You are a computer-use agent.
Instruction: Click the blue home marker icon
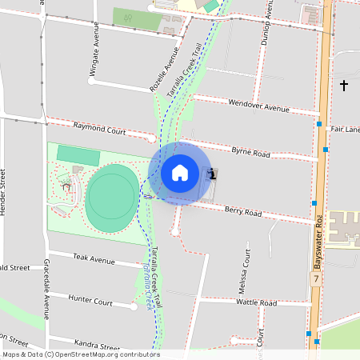(179, 173)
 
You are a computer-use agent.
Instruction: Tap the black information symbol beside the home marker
(211, 173)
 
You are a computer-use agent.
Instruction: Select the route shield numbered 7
(317, 279)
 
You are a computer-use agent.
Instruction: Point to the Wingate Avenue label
(93, 59)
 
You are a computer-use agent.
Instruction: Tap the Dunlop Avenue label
(270, 20)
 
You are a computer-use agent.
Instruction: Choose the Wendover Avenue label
(258, 106)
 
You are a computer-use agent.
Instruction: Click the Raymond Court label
(100, 128)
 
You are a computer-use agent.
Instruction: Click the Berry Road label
(243, 212)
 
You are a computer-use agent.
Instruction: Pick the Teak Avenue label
(94, 259)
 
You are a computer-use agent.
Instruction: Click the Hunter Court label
(90, 302)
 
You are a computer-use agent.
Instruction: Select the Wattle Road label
(257, 303)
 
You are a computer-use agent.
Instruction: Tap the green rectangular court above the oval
(78, 155)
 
